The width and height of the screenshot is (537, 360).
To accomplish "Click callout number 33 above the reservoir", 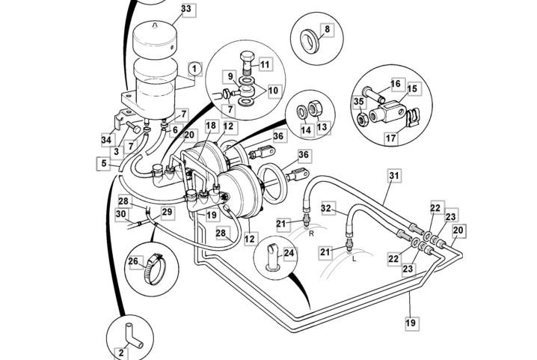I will pos(185,10).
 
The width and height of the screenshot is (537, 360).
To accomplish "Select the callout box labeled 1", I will pos(194,68).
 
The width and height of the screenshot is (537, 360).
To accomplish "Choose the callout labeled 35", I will pos(359,102).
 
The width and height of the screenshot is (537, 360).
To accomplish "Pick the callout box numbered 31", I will pos(394,176).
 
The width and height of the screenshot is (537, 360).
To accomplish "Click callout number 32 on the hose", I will pos(327,207).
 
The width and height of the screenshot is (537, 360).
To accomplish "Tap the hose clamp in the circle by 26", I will pos(153,266).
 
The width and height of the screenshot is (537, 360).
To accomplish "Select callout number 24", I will pos(289,254).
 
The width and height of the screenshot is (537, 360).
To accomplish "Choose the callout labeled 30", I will pos(121,214).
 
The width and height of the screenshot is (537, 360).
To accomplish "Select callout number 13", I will pos(322,129).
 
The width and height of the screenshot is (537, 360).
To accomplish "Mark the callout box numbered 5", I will pos(102,163).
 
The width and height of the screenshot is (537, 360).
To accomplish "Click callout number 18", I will pos(211,126).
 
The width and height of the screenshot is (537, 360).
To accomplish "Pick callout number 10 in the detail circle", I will pos(273,90).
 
